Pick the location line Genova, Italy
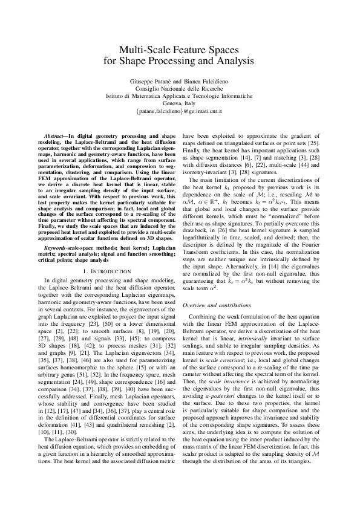pos(180,103)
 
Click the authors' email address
pos(180,112)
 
